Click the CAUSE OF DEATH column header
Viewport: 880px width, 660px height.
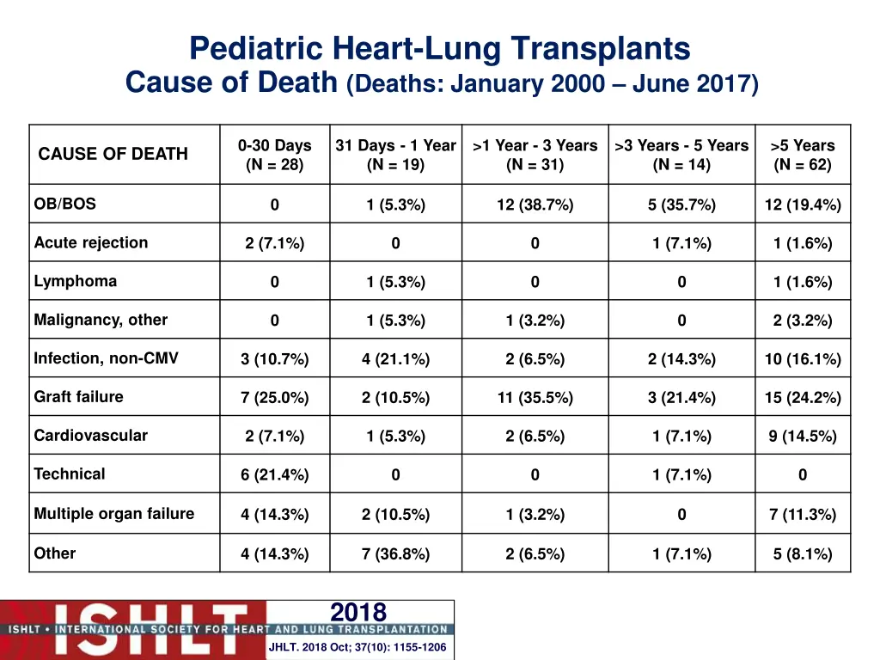pos(113,154)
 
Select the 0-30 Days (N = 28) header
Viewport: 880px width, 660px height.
pos(274,155)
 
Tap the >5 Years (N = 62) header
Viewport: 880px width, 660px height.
pos(802,155)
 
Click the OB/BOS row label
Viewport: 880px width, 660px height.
pos(65,204)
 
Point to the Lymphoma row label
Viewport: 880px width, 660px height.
pos(76,281)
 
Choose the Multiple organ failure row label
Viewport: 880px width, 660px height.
pos(114,514)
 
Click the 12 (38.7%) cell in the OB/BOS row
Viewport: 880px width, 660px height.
pos(535,205)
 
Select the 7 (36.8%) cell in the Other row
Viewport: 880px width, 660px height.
pos(395,554)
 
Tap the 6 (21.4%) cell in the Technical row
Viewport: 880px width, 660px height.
pos(274,475)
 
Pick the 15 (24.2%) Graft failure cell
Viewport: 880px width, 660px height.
pos(802,398)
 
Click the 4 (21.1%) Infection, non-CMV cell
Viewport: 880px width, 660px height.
pos(395,359)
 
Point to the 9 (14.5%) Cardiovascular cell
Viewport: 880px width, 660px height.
pos(802,437)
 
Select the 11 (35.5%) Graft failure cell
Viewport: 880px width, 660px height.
pos(535,398)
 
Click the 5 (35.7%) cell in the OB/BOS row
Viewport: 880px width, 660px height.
pos(681,205)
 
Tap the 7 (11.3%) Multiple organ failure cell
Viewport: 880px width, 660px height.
pos(802,515)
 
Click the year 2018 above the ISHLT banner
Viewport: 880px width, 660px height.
pos(358,612)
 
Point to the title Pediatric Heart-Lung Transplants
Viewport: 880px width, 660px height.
pos(439,48)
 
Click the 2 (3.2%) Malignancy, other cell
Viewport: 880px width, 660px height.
pos(802,321)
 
